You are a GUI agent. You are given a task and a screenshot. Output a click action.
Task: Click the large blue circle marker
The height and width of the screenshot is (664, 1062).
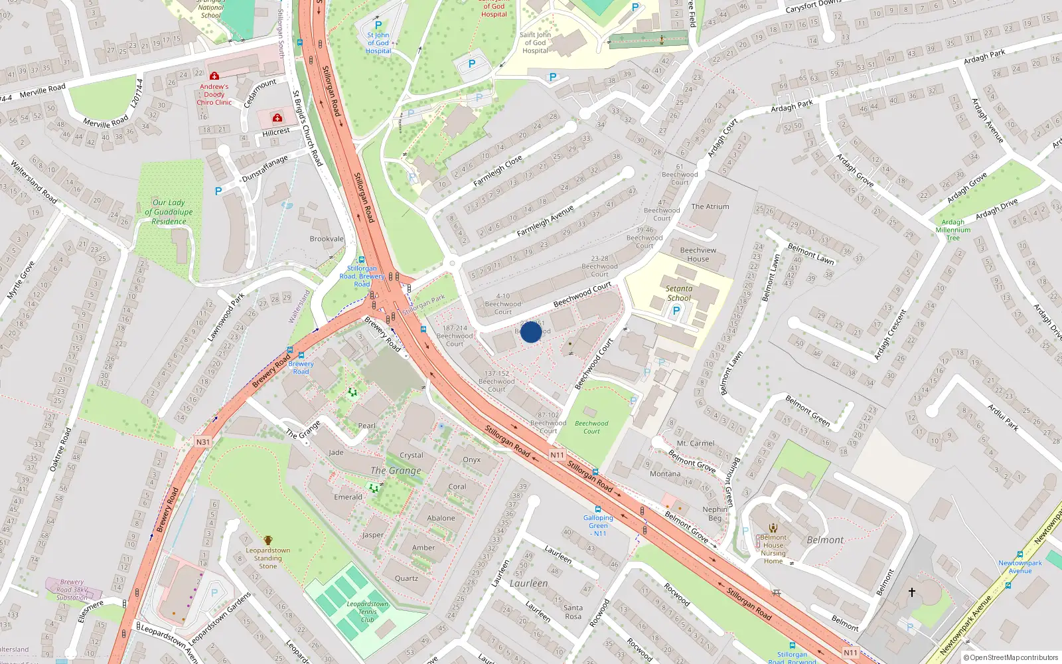(x=531, y=332)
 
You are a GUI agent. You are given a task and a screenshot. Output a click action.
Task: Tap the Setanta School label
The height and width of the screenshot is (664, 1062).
(x=679, y=293)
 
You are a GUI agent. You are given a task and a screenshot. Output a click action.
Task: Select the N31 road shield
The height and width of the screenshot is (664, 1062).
(x=202, y=442)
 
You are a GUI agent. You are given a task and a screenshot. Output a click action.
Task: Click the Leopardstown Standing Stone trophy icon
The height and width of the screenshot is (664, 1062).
(x=267, y=540)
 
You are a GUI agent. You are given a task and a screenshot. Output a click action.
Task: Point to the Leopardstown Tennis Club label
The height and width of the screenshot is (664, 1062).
(x=367, y=612)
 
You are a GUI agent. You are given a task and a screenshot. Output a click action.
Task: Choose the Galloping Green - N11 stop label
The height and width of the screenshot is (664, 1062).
(x=599, y=525)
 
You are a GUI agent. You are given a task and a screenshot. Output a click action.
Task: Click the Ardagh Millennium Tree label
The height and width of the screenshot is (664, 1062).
(x=953, y=230)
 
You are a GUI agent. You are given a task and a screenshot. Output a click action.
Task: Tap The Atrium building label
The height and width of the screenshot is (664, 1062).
(x=710, y=207)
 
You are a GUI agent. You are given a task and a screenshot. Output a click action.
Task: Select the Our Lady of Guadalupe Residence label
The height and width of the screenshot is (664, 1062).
(x=169, y=212)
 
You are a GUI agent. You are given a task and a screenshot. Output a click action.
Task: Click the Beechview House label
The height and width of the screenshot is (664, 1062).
(x=698, y=254)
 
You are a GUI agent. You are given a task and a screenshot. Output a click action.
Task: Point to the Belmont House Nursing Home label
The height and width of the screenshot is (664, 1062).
(x=773, y=549)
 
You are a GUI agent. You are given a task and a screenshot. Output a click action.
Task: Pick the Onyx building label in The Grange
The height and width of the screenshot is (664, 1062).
(x=472, y=459)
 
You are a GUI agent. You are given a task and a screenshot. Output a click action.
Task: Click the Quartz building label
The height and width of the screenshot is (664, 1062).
(x=406, y=578)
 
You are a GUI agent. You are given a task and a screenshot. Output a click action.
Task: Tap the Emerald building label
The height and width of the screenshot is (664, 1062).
(x=348, y=497)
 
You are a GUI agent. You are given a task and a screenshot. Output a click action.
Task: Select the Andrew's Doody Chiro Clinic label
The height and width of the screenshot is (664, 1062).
(x=214, y=94)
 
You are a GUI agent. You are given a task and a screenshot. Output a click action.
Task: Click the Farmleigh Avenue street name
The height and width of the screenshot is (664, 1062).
(x=546, y=221)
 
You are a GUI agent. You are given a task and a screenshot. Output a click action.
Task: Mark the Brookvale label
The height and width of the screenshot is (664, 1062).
(x=327, y=239)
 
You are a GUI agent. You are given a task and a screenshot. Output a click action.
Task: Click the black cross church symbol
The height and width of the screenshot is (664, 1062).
(x=912, y=592)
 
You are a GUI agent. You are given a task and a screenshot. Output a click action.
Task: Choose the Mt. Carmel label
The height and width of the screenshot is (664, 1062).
(x=696, y=443)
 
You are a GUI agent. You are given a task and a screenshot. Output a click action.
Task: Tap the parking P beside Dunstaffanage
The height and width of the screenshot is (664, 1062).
(x=218, y=191)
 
